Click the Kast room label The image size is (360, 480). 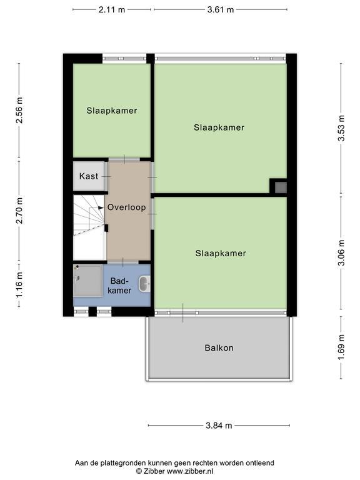[89, 176]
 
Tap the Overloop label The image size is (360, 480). [126, 207]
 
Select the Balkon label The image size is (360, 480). [219, 347]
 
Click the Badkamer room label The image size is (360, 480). [119, 286]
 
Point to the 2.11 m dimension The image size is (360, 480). [112, 9]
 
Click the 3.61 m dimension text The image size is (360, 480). [221, 9]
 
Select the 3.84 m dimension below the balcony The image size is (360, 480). [219, 425]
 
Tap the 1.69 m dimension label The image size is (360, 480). [341, 347]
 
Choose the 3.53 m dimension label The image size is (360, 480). [341, 128]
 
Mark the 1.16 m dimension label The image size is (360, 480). [19, 284]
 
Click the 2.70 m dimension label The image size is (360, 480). [19, 211]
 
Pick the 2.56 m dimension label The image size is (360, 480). [19, 110]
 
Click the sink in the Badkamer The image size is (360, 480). [144, 284]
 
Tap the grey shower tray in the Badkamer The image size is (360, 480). [88, 281]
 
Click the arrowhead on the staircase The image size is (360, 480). [101, 207]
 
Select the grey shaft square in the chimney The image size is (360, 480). [281, 187]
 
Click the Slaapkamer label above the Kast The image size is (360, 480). [112, 111]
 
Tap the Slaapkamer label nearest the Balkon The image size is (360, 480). [221, 253]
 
